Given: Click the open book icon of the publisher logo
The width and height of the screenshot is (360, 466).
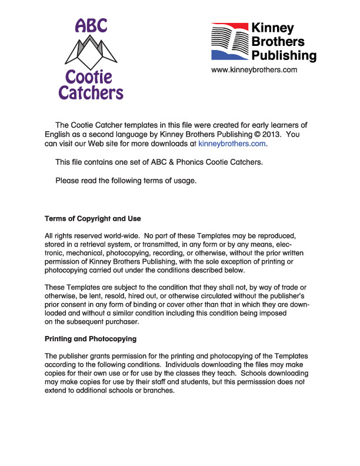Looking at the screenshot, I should (x=229, y=41).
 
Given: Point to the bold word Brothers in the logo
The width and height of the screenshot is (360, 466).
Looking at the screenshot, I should (x=278, y=42).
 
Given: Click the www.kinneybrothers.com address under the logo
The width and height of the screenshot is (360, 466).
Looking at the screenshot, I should (x=254, y=70).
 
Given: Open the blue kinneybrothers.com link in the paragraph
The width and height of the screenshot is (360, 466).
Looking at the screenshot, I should (x=232, y=143).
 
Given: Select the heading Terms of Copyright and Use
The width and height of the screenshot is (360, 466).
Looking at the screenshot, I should (x=93, y=219).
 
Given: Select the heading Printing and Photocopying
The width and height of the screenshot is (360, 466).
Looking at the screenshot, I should (x=91, y=339).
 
